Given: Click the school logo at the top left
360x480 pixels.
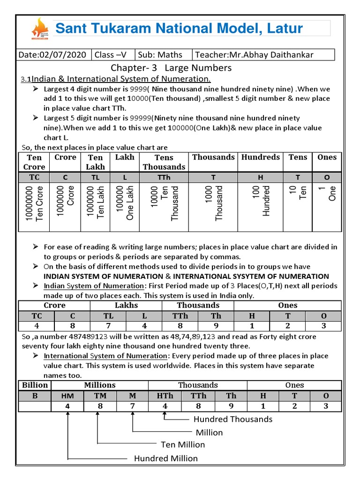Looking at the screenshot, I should (x=39, y=29).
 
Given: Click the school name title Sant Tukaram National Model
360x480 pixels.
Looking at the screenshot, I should (x=179, y=28).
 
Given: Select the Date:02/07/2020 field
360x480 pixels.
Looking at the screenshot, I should (x=52, y=55).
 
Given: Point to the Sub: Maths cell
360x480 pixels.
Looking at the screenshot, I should (x=163, y=55).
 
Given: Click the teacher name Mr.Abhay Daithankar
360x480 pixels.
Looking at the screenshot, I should (x=263, y=55).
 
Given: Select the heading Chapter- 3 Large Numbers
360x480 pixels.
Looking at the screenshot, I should (x=171, y=68).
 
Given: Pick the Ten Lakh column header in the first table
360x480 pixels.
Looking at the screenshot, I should (x=95, y=162).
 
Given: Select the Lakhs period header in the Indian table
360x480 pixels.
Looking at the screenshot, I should (x=127, y=305).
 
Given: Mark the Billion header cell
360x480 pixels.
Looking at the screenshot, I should (x=35, y=385).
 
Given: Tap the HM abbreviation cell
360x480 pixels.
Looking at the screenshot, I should (x=67, y=396).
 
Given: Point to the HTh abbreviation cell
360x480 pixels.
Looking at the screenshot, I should (x=165, y=396).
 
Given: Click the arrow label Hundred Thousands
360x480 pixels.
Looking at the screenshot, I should (x=232, y=419).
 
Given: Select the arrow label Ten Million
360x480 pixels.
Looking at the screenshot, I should (x=183, y=444).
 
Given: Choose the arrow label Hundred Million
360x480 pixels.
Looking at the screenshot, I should (x=166, y=458).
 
